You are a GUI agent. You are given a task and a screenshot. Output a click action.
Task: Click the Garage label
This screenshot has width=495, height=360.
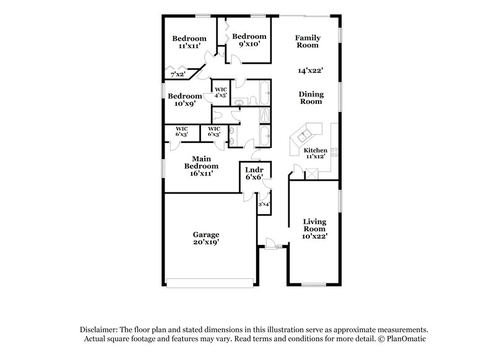pyautogui.click(x=207, y=234)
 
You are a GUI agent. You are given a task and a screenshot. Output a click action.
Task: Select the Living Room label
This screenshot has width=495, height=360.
pyautogui.click(x=315, y=225)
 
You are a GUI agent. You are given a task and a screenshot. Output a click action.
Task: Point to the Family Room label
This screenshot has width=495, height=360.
pyautogui.click(x=307, y=41)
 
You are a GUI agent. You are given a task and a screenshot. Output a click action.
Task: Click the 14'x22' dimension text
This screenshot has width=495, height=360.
pyautogui.click(x=310, y=71)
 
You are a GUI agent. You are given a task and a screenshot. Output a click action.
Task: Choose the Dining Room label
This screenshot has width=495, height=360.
pyautogui.click(x=311, y=97)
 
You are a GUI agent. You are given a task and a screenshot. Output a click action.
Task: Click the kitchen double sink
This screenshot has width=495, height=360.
pyautogui.click(x=304, y=134)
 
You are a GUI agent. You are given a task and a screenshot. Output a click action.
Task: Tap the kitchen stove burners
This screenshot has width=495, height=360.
pyautogui.click(x=334, y=152)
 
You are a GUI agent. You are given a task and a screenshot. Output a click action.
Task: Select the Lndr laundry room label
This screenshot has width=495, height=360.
pyautogui.click(x=254, y=169)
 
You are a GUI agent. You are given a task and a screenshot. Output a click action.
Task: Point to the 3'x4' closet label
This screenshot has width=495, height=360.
pyautogui.click(x=263, y=204)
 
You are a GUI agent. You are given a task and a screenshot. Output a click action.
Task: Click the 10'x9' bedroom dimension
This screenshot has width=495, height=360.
pyautogui.click(x=184, y=104)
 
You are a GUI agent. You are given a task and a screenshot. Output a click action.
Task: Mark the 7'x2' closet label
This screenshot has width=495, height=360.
pyautogui.click(x=178, y=74)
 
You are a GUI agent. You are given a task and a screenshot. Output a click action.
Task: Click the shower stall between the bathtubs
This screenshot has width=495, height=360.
pyautogui.click(x=264, y=115)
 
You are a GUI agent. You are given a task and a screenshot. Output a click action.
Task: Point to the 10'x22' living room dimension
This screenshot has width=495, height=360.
pyautogui.click(x=315, y=236)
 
